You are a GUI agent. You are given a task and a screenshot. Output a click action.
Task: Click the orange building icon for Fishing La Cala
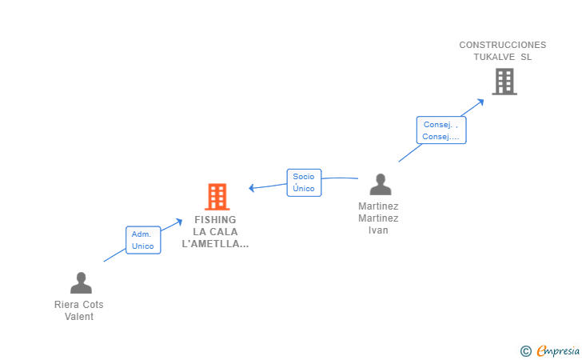[217, 197]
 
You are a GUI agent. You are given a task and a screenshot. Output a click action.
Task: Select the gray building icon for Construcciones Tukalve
[504, 82]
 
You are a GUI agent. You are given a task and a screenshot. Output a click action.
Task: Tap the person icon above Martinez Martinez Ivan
[381, 184]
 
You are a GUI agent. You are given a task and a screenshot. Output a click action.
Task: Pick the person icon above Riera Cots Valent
[81, 282]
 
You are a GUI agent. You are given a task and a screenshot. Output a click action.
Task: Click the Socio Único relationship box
[304, 182]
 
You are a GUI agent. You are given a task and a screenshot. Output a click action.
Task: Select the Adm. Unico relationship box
[143, 240]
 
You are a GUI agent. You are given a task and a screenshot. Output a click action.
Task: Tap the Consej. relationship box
[441, 130]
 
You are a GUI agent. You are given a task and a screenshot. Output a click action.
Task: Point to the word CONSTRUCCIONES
[503, 45]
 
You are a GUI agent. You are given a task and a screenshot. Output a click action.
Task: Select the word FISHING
[215, 219]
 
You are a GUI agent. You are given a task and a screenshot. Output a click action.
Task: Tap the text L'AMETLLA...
[215, 244]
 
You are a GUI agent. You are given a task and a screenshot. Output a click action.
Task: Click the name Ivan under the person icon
[378, 230]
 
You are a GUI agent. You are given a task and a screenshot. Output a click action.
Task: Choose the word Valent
[79, 317]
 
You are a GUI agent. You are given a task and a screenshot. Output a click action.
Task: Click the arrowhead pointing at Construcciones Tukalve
[480, 102]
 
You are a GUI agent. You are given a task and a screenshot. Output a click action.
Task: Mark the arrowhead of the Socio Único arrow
[252, 188]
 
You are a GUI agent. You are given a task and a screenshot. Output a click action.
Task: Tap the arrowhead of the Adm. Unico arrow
[178, 222]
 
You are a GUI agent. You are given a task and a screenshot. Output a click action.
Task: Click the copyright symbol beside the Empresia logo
[525, 351]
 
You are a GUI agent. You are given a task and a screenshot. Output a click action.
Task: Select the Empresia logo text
[558, 350]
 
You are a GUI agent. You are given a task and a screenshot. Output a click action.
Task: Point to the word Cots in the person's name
[93, 305]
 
